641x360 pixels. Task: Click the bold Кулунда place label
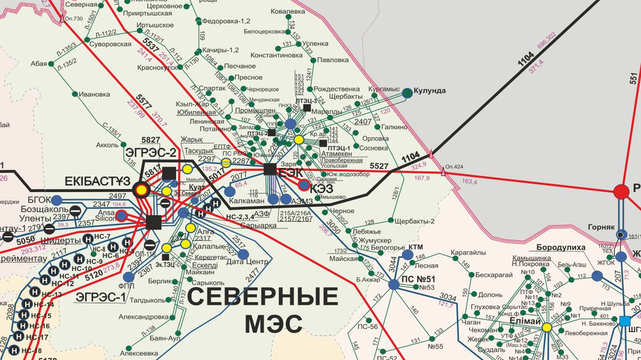click(x=429, y=90)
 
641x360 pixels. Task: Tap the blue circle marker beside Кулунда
click(x=407, y=93)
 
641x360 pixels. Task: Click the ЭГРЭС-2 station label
click(x=151, y=152)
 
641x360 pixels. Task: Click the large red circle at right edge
click(x=621, y=191)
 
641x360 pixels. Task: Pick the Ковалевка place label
click(x=288, y=12)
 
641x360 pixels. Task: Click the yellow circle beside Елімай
click(x=547, y=327)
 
